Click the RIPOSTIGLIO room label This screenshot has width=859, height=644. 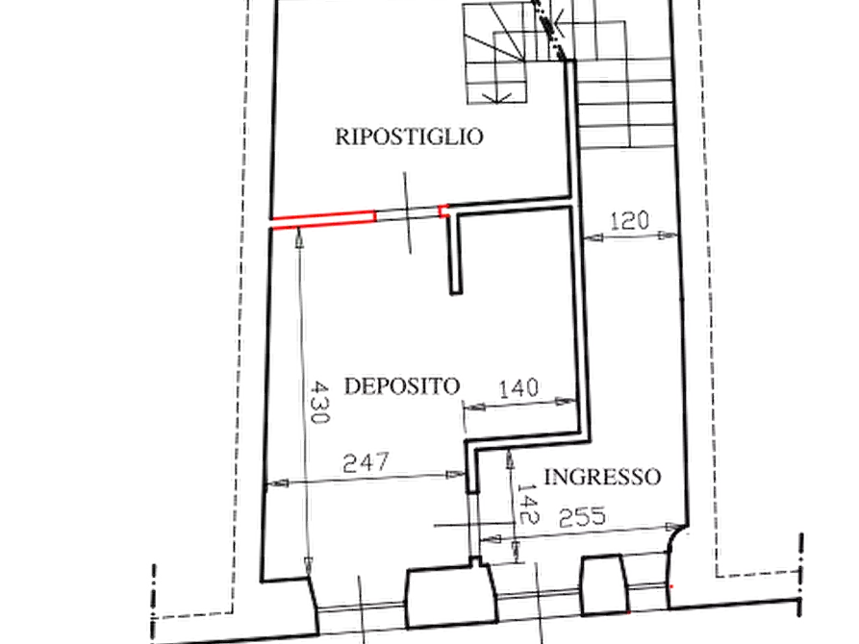pos(409,136)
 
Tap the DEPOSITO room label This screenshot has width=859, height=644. pos(401,386)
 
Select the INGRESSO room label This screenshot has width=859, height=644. pos(602,477)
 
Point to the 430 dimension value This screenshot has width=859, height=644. pos(319,403)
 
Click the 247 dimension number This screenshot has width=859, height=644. pos(366,462)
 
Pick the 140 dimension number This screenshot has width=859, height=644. pos(518,388)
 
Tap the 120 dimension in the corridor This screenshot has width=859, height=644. pos(629,221)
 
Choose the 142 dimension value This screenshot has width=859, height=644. pos(527,504)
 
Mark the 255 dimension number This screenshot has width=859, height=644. pos(582,517)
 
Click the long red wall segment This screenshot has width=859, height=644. pos(323,219)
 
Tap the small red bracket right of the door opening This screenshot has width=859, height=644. pos(444,211)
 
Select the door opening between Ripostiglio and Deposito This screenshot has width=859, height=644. pos(408,214)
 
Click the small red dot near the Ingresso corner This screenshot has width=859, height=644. pos(672,586)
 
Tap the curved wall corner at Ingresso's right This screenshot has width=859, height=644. pos(676,537)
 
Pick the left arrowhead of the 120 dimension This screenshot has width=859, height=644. pos(594,237)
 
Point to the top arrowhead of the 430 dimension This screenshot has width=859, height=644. pos(299,238)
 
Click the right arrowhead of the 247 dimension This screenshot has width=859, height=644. pos(456,474)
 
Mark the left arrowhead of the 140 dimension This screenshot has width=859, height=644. pos(475,407)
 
